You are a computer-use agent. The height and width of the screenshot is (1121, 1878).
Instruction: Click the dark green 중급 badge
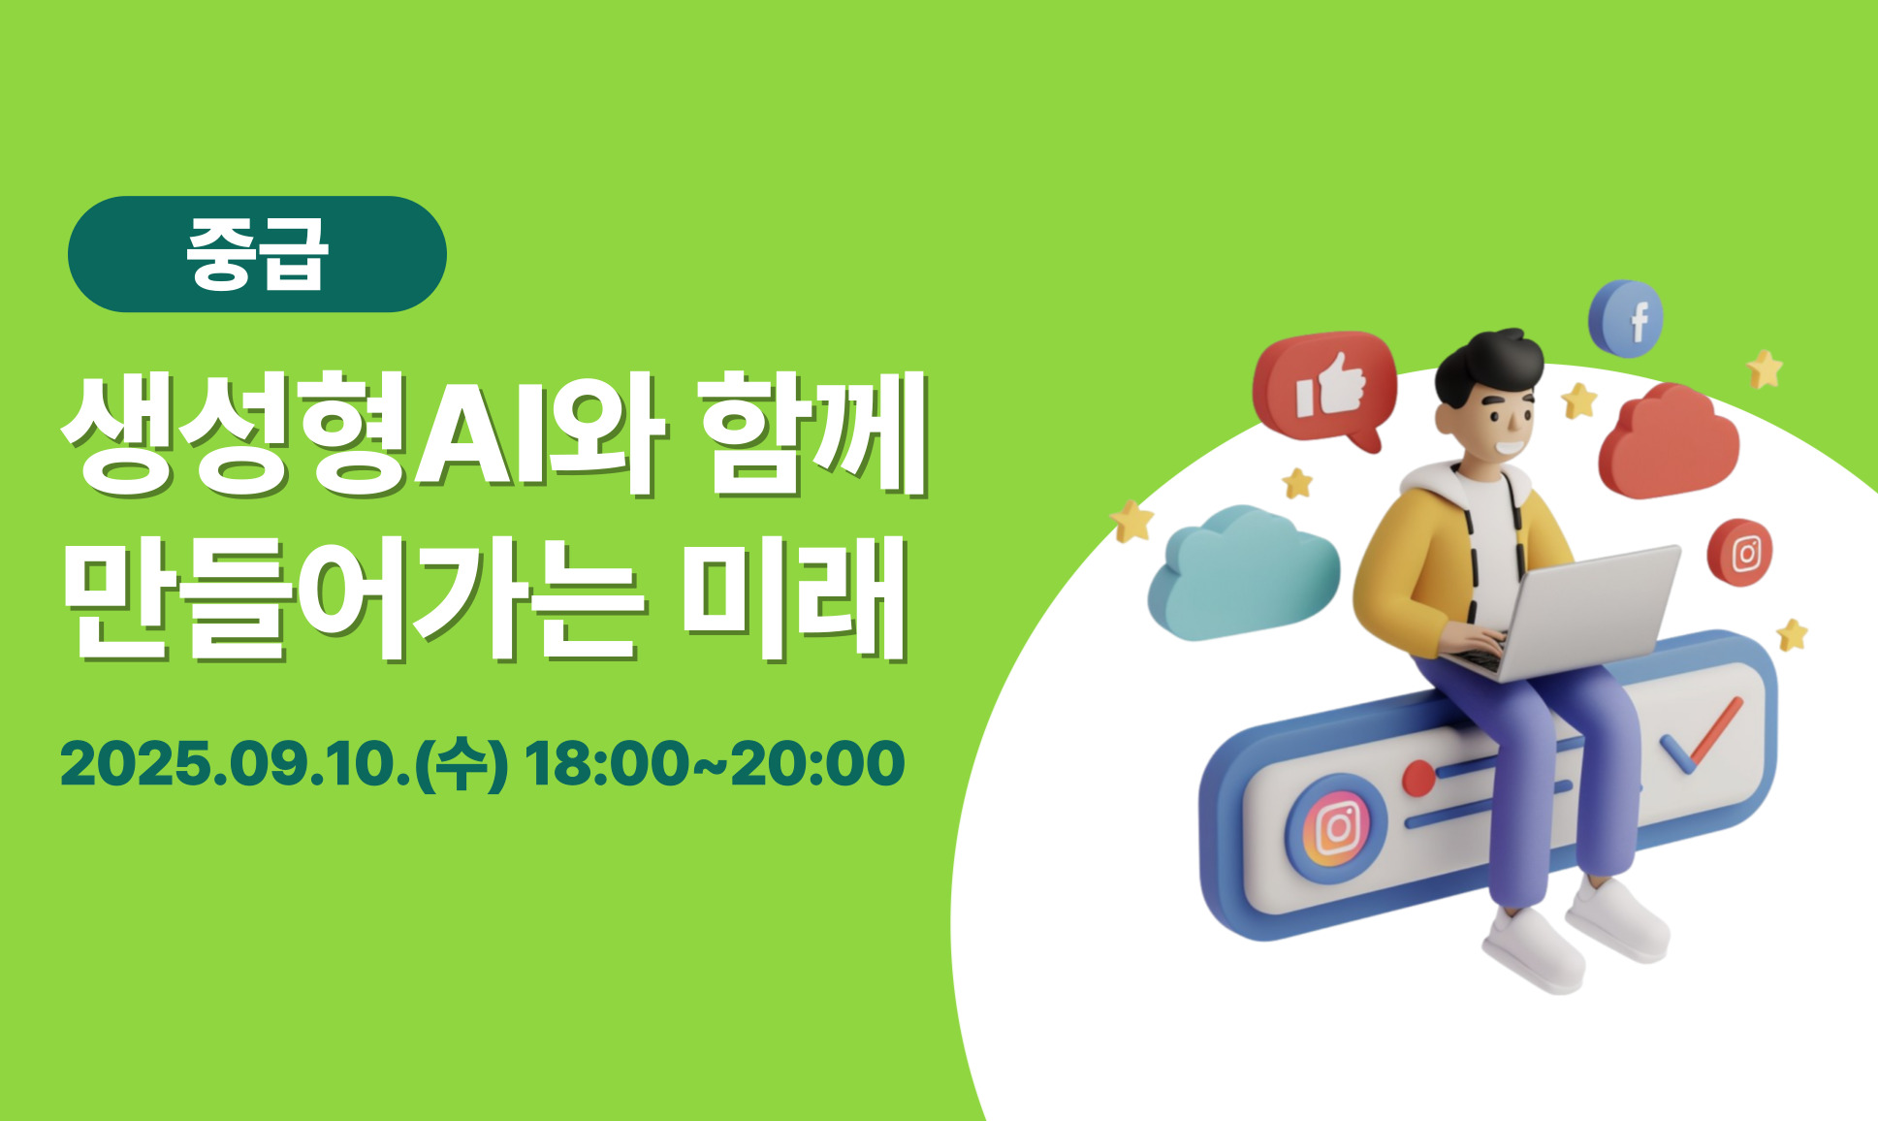tap(257, 254)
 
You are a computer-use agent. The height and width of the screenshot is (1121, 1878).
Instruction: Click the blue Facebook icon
tap(1626, 318)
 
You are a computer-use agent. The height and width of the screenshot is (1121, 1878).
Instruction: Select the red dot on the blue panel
tap(1418, 778)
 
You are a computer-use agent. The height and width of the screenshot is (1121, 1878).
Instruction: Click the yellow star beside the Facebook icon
tap(1765, 369)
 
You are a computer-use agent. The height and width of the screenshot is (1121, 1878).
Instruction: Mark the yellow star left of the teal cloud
tap(1131, 521)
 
